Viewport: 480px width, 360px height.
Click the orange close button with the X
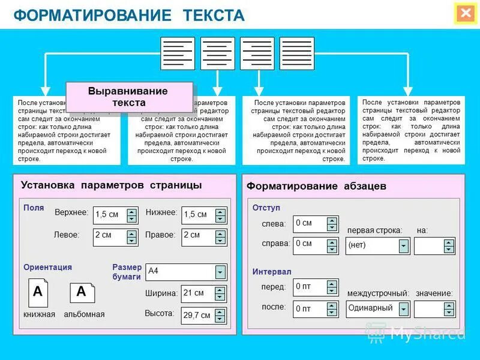[x=465, y=14]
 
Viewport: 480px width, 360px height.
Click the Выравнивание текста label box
[x=128, y=97]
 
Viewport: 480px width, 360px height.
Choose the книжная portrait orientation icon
[x=38, y=293]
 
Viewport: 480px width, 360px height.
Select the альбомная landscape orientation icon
[x=82, y=292]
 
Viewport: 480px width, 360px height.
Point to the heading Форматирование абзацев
[x=316, y=187]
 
